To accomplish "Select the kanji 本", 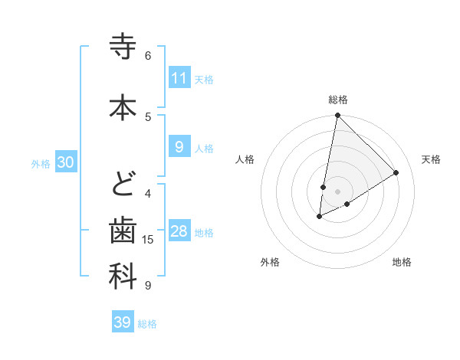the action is [x=123, y=106].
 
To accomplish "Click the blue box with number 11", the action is [x=179, y=78].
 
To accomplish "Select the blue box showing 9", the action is [x=179, y=148].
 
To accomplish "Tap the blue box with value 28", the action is [x=179, y=232].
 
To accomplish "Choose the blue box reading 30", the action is [x=65, y=162].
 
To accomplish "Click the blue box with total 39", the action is [x=122, y=322].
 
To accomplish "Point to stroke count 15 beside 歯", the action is [x=149, y=240].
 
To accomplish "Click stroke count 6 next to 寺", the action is [x=148, y=55].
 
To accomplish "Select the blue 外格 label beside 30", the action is [x=41, y=163].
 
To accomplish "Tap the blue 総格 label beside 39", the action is [x=147, y=324].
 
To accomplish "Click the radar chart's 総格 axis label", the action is [x=338, y=100].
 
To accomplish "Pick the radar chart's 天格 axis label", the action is [x=432, y=159].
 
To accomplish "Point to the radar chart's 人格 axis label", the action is [x=245, y=159].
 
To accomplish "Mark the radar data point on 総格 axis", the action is [x=337, y=116].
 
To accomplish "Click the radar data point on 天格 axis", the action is [x=396, y=172].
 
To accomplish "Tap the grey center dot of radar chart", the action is [x=337, y=191].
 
